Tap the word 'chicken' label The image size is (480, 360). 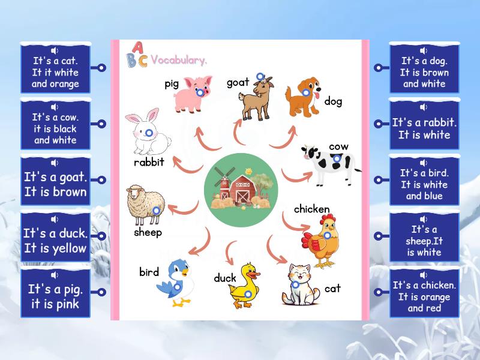click(x=311, y=209)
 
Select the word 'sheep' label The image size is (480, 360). click(x=148, y=232)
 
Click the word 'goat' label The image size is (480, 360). click(x=238, y=83)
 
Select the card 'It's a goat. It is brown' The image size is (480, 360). click(x=55, y=185)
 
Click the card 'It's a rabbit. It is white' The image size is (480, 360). click(x=424, y=128)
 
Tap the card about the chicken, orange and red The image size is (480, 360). click(x=424, y=296)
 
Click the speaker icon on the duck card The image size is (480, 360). click(x=55, y=220)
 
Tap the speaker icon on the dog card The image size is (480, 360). click(x=424, y=50)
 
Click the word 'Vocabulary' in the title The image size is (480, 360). click(x=179, y=60)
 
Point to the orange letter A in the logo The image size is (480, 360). click(x=137, y=47)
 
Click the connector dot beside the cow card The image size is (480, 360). click(x=102, y=124)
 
